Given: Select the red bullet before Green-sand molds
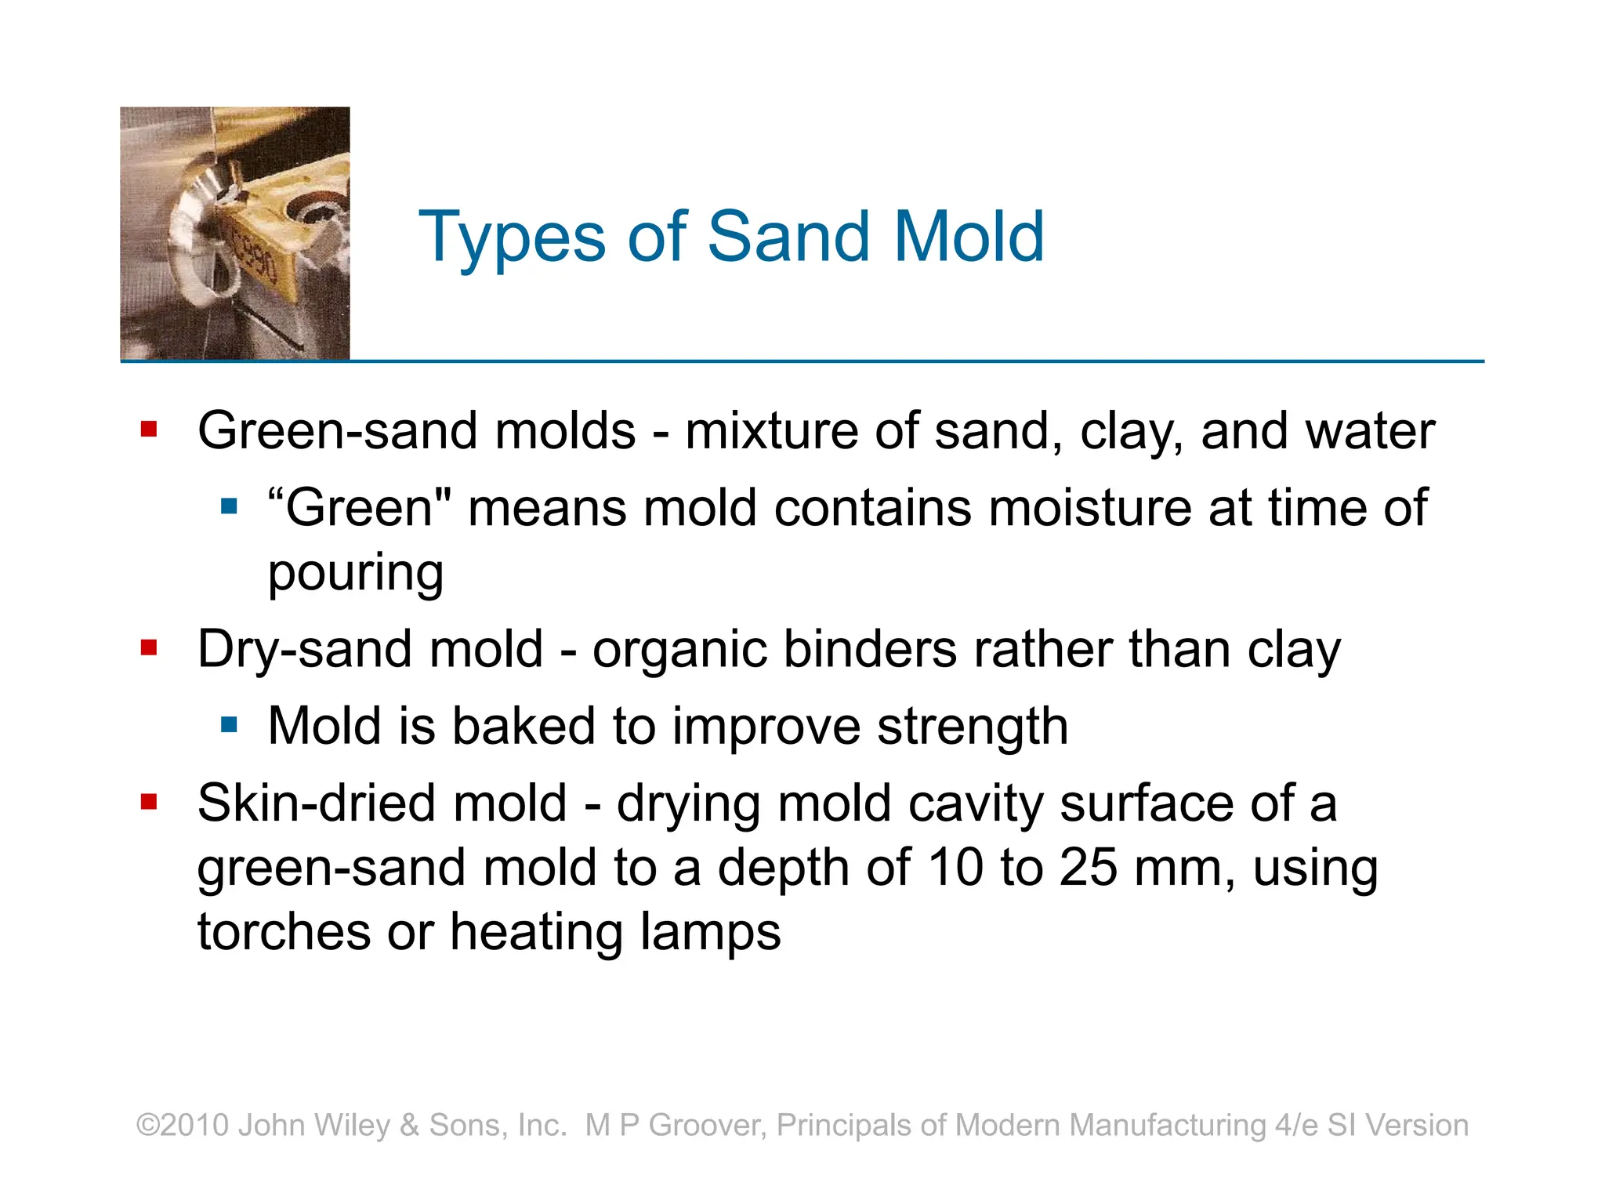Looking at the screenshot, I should pyautogui.click(x=149, y=429).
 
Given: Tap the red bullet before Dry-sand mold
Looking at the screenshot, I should pyautogui.click(x=149, y=647).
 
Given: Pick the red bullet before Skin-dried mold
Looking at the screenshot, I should pyautogui.click(x=149, y=801).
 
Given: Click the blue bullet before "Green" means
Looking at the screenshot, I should pyautogui.click(x=229, y=506).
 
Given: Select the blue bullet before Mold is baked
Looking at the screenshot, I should pyautogui.click(x=229, y=724).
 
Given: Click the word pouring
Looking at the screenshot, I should pyautogui.click(x=356, y=574).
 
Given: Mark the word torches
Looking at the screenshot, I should pyautogui.click(x=283, y=932).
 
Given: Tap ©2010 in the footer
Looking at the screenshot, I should pyautogui.click(x=183, y=1125).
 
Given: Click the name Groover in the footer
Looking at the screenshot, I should pyautogui.click(x=708, y=1125).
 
